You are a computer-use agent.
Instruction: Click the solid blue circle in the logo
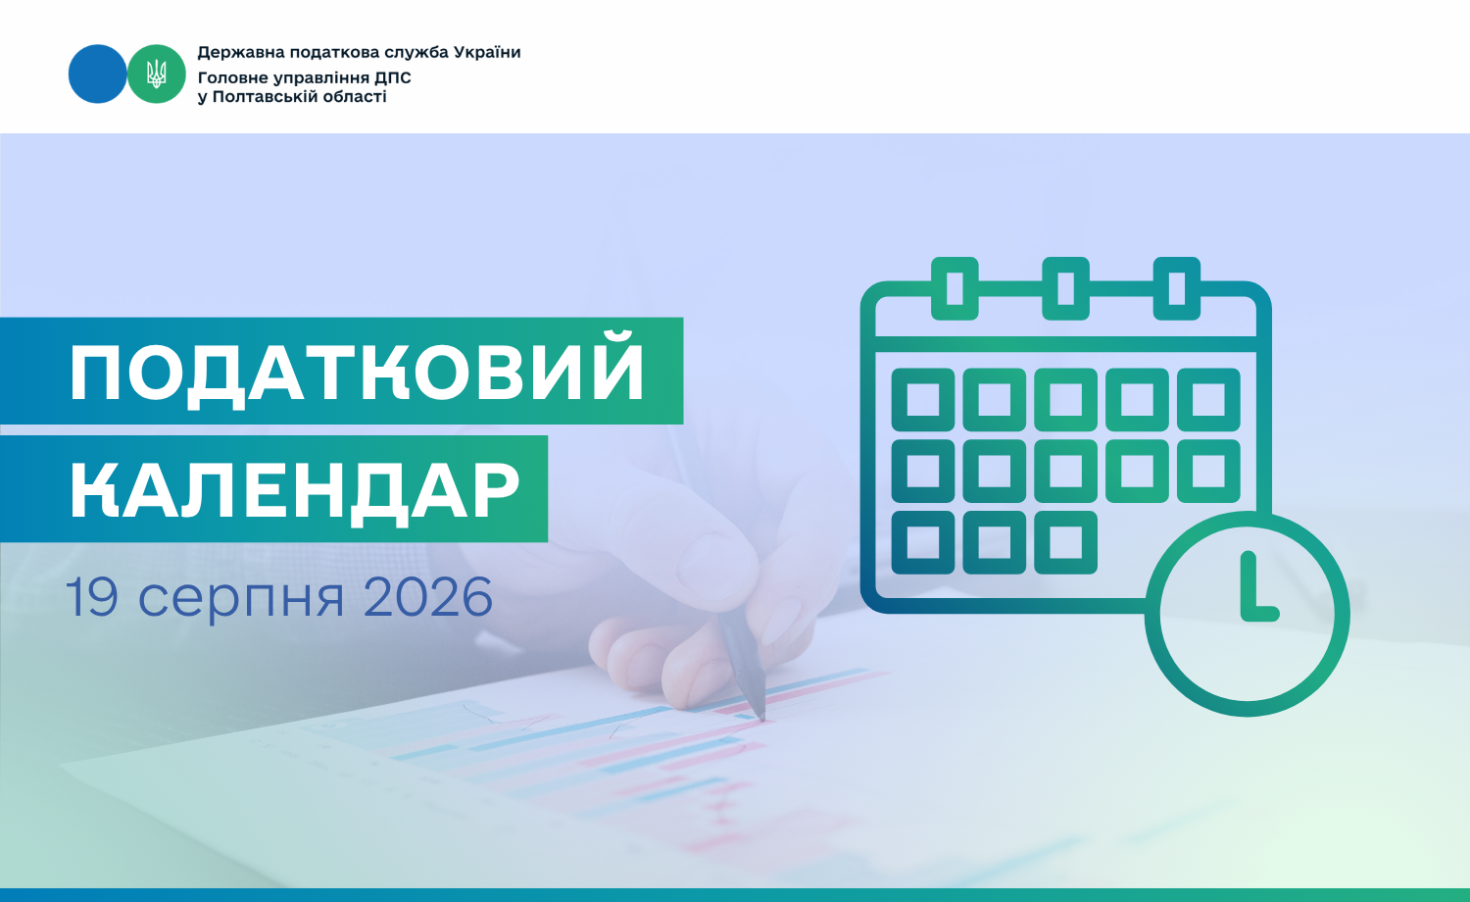97,74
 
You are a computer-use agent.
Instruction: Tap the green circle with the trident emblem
156,74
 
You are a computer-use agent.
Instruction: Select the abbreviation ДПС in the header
392,78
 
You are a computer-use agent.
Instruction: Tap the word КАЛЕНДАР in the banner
295,490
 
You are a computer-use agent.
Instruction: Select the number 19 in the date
92,596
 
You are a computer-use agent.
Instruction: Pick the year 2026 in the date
427,596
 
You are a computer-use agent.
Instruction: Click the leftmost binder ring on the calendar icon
955,288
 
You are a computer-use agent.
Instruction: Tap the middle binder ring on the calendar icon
1066,288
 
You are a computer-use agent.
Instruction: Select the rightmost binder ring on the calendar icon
1177,288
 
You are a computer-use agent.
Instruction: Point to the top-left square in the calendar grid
923,400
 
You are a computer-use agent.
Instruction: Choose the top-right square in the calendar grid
1208,400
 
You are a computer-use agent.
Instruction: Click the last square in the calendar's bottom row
1066,542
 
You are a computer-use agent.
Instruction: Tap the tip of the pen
761,719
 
